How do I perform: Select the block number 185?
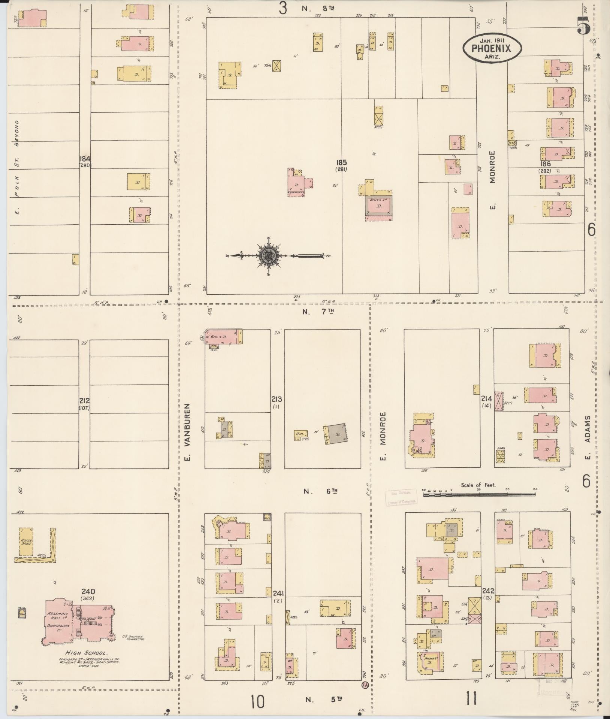tap(341, 163)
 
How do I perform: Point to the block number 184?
tap(85, 158)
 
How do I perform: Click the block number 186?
tap(545, 164)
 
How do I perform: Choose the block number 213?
tap(277, 399)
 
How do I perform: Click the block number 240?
tap(88, 591)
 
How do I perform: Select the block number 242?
tap(489, 591)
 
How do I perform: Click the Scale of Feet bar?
tap(480, 494)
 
